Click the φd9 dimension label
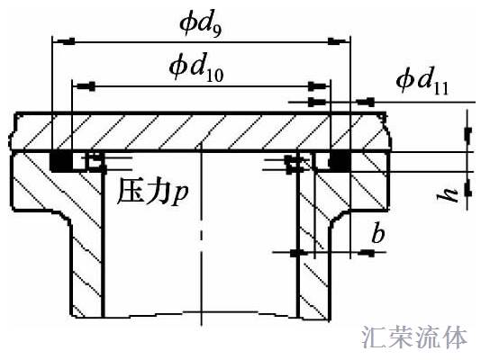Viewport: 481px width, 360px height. click(200, 26)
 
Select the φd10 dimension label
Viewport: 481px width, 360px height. click(196, 67)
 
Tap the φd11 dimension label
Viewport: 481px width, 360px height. click(422, 81)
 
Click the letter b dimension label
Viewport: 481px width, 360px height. click(378, 233)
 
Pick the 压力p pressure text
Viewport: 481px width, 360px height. click(152, 193)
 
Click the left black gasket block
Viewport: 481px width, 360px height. click(60, 160)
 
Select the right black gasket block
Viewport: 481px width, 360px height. click(340, 160)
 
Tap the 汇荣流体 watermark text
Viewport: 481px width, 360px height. click(414, 337)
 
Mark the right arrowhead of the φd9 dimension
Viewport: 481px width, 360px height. click(339, 40)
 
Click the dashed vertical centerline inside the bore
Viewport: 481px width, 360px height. click(201, 234)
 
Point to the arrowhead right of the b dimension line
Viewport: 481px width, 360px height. click(367, 253)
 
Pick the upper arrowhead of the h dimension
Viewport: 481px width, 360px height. click(467, 135)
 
